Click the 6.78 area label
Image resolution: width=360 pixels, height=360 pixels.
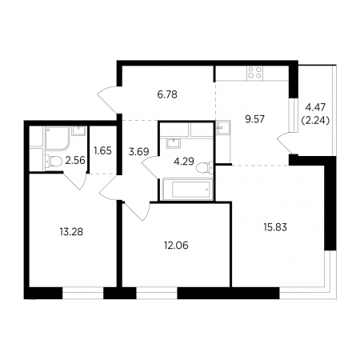click(x=167, y=94)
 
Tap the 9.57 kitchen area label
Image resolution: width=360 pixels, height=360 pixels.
click(x=254, y=119)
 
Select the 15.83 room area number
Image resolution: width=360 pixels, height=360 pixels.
click(x=275, y=227)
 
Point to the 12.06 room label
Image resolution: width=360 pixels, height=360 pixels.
click(x=176, y=245)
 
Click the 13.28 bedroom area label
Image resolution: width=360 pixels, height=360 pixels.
click(x=71, y=232)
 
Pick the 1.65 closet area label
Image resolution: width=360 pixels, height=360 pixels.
click(x=102, y=150)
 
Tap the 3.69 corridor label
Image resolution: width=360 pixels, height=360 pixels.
click(x=138, y=152)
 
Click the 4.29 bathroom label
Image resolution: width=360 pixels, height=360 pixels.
click(x=184, y=162)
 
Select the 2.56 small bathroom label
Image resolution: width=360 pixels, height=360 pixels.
click(x=75, y=160)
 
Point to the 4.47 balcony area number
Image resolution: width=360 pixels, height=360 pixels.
click(x=315, y=107)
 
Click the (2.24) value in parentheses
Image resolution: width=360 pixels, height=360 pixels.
click(x=315, y=121)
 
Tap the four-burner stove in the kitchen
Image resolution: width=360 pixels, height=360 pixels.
click(x=254, y=73)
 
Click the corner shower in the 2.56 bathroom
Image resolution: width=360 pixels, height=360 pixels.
click(x=58, y=138)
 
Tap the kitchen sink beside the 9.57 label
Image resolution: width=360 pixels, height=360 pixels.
click(x=222, y=127)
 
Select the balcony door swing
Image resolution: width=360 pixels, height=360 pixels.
click(x=284, y=142)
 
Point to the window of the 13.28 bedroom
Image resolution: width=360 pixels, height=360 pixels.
click(x=82, y=293)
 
